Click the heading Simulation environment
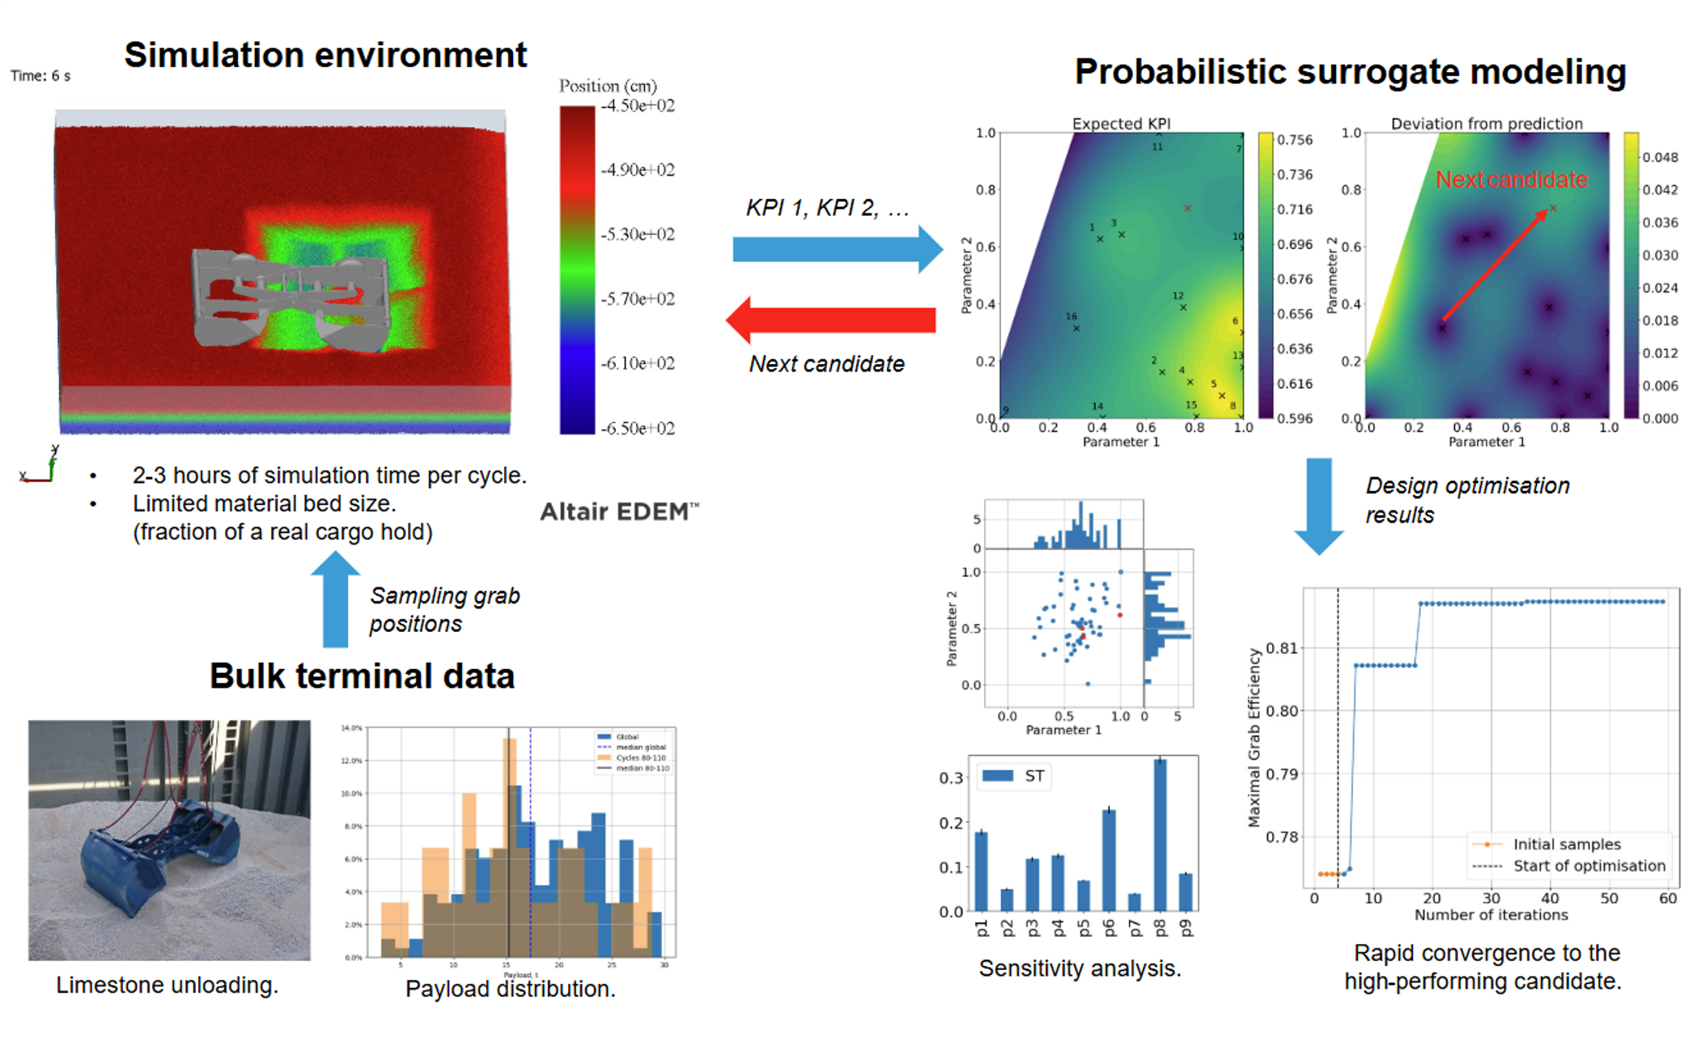click(325, 55)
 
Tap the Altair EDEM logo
click(619, 511)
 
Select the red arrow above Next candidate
click(831, 320)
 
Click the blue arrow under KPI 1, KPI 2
click(837, 248)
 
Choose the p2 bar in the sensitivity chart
click(1007, 900)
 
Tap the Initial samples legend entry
click(1567, 844)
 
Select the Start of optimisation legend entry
click(1589, 866)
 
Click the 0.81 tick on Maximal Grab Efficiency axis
click(1282, 648)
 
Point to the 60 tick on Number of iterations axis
click(1668, 898)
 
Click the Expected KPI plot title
click(1121, 123)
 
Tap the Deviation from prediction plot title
click(1486, 123)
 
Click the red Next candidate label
click(1511, 180)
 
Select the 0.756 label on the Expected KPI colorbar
click(1295, 140)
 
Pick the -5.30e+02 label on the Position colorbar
click(638, 235)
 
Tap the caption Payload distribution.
click(510, 989)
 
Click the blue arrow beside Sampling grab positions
click(335, 600)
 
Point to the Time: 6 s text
click(40, 76)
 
